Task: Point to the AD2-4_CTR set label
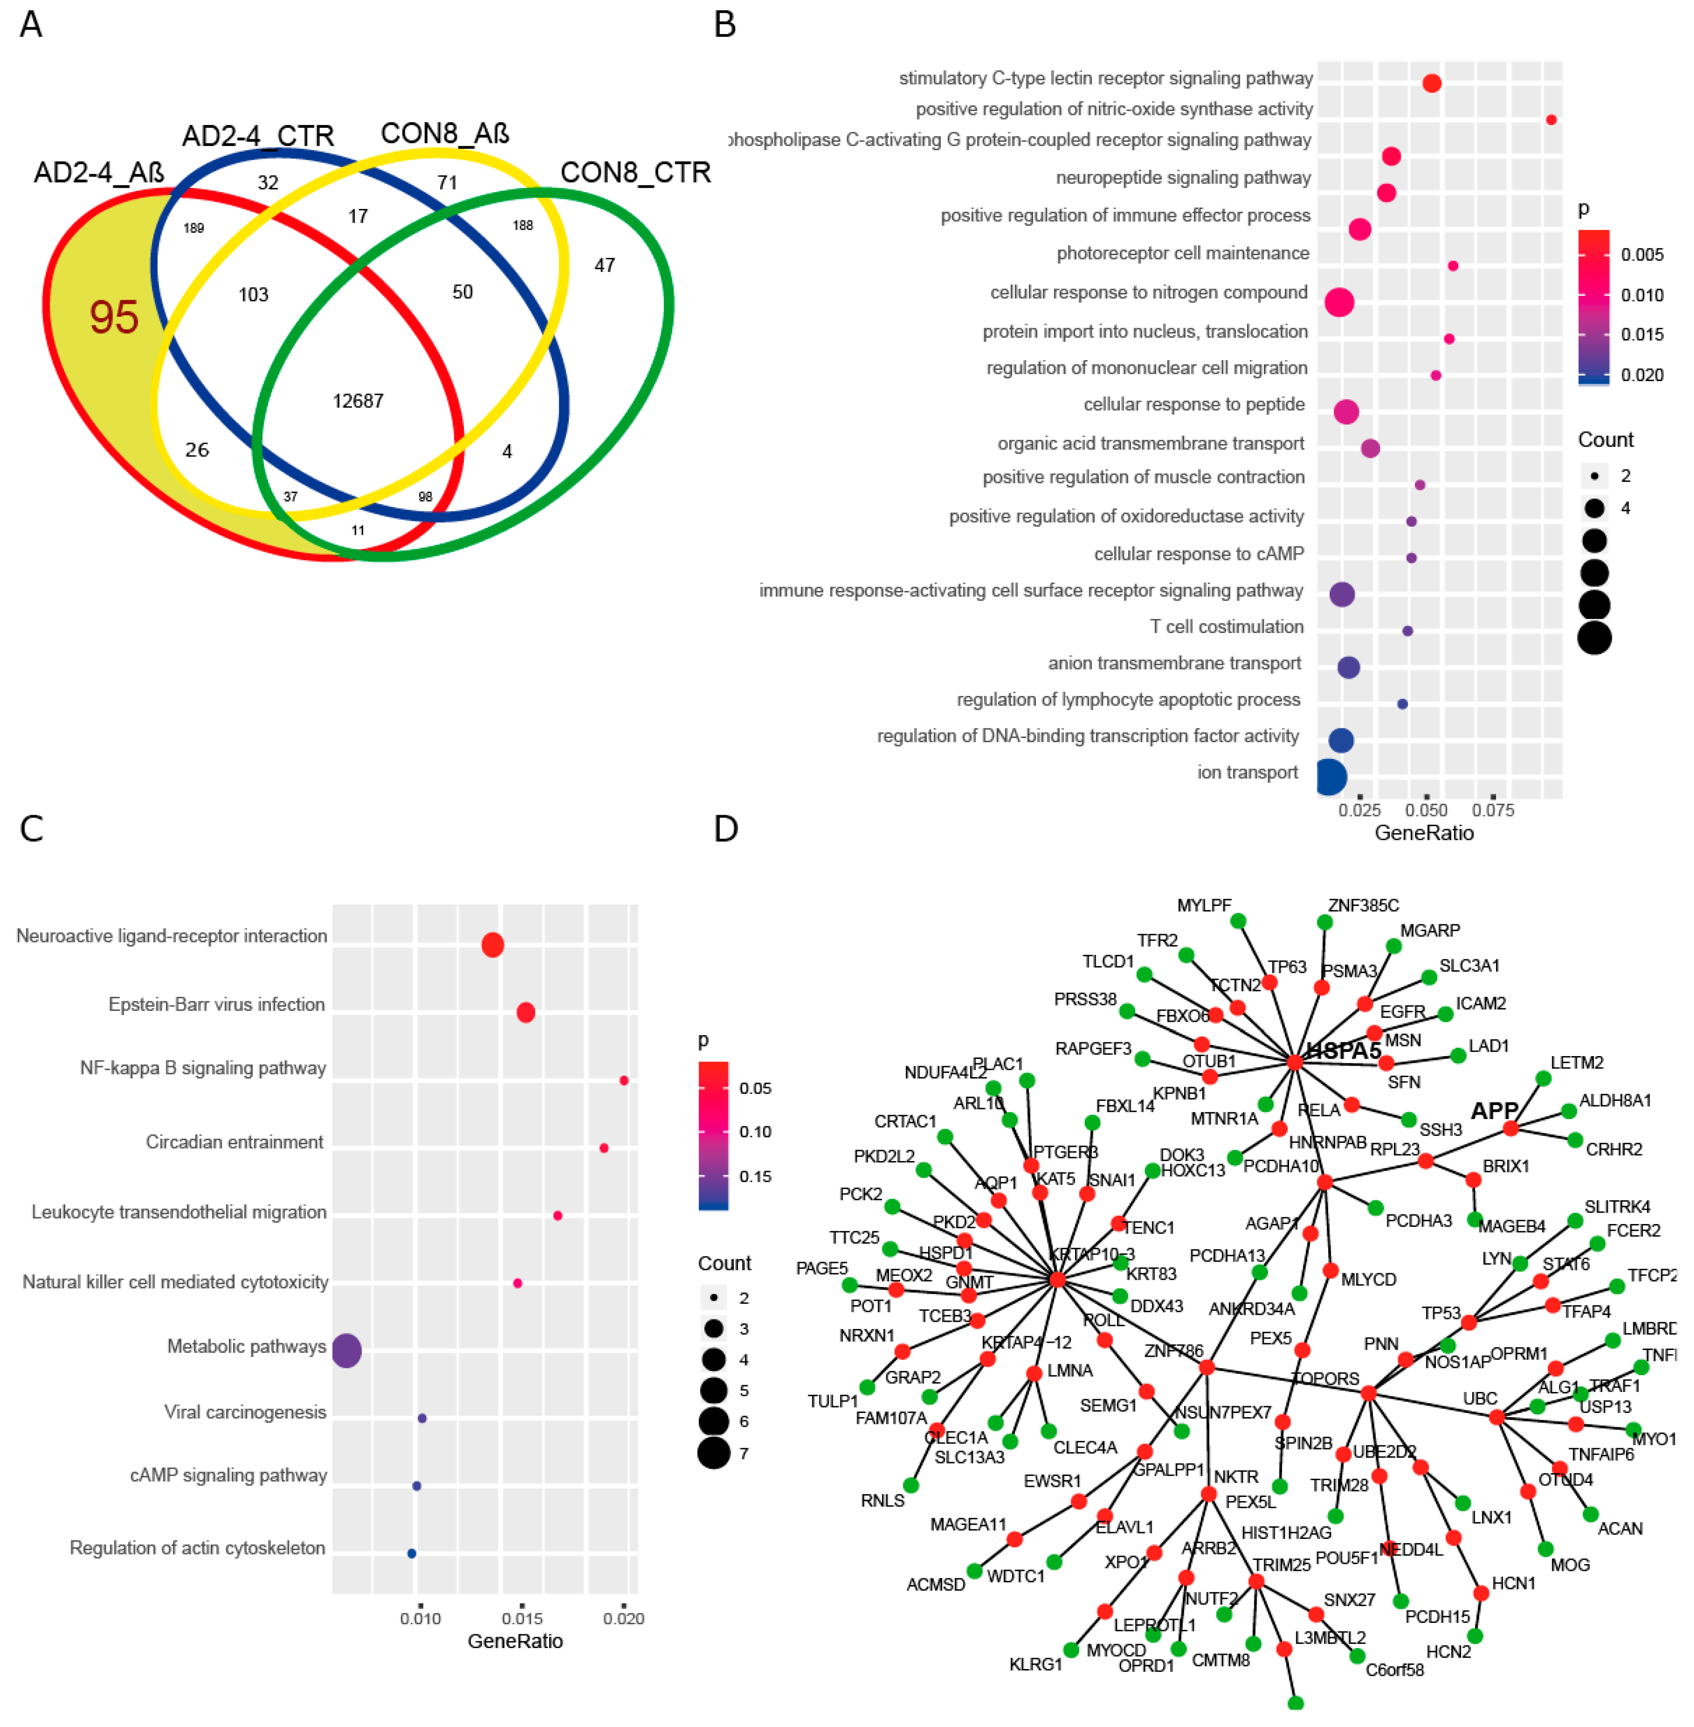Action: [x=258, y=136]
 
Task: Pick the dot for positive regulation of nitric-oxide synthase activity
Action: [x=1551, y=119]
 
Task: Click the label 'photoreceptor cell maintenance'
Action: [x=1182, y=254]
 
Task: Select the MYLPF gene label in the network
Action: [x=1204, y=905]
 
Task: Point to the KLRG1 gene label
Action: [x=1036, y=1664]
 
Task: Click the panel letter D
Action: [x=726, y=829]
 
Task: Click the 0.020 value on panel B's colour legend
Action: [x=1642, y=375]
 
